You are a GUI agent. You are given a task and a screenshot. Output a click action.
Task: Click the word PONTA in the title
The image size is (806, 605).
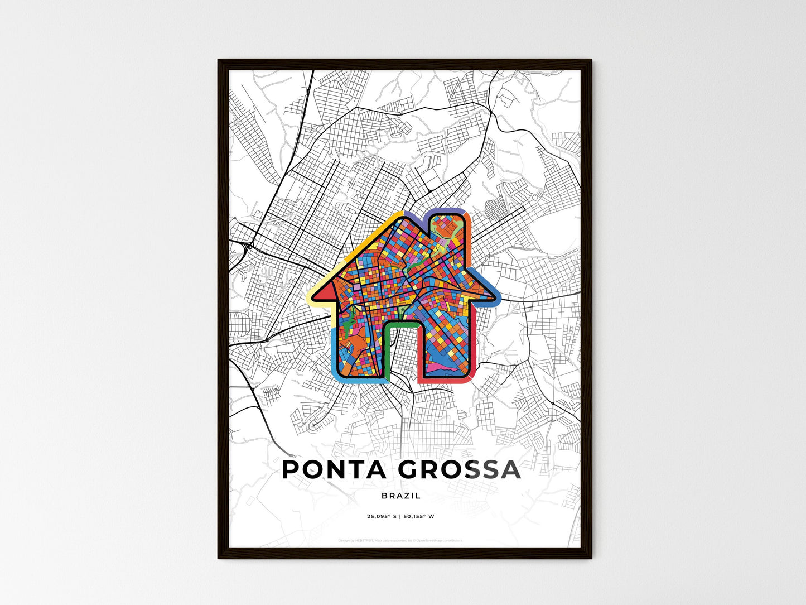pos(334,470)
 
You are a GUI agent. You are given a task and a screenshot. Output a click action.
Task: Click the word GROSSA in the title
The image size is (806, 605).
pos(460,470)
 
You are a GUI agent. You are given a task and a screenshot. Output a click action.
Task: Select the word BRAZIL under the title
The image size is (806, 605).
pos(401,496)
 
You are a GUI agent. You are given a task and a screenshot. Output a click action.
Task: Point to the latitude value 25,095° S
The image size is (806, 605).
pos(382,516)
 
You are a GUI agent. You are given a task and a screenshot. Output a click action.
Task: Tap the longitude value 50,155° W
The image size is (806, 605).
pos(420,516)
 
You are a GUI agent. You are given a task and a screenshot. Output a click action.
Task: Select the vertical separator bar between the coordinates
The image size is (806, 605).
pos(401,516)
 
